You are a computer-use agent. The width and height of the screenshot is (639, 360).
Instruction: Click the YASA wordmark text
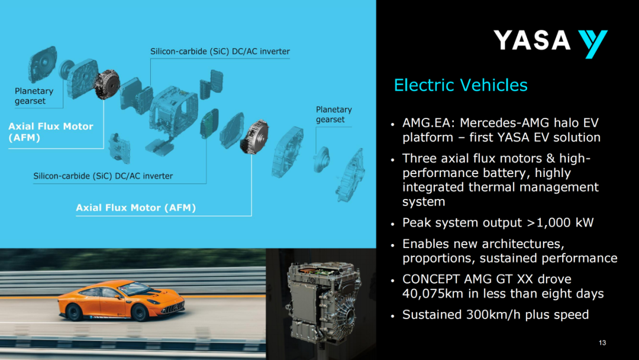[x=532, y=40]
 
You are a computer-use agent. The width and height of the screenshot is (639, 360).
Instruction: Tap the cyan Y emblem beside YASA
[x=592, y=44]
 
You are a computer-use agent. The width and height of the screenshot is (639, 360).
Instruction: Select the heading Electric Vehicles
[x=460, y=85]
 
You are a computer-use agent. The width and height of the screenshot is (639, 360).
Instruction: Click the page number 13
[x=602, y=343]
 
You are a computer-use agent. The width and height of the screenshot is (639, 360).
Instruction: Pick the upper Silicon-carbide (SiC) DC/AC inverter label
[x=220, y=52]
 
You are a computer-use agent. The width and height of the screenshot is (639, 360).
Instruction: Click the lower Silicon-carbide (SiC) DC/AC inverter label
[x=103, y=176]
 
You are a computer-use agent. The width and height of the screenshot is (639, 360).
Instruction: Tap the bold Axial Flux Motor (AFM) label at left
[x=51, y=131]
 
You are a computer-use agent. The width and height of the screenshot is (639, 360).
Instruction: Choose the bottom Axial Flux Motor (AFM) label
[x=135, y=208]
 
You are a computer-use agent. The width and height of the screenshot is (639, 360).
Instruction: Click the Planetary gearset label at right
[x=334, y=114]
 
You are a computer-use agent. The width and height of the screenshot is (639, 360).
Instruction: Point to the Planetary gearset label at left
[x=34, y=96]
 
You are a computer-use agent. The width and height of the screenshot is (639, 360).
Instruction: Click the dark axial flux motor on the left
[x=106, y=84]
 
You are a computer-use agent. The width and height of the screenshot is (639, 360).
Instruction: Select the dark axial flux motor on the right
[x=254, y=137]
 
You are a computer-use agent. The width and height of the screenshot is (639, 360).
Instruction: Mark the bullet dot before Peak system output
[x=392, y=224]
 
